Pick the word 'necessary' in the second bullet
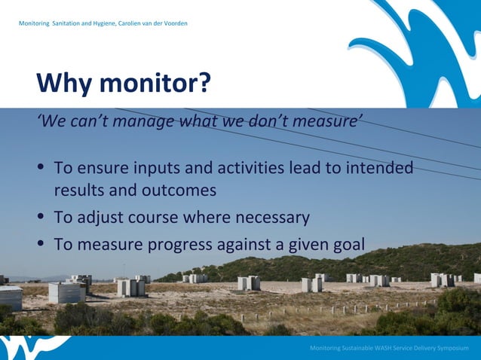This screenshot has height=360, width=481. pos(271,218)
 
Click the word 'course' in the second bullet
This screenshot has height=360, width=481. pos(148,218)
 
